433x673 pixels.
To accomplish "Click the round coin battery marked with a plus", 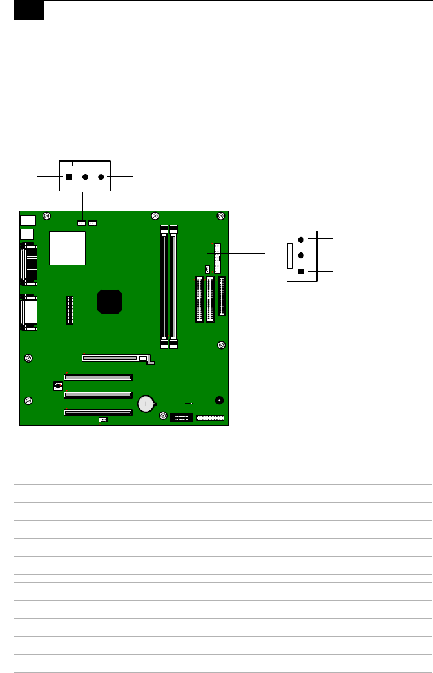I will [x=147, y=404].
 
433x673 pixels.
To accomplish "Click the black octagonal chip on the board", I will [x=110, y=301].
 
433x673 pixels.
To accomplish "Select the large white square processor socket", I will [x=68, y=248].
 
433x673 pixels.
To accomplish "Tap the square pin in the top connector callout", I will [x=69, y=176].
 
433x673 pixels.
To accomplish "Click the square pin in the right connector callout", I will [x=301, y=272].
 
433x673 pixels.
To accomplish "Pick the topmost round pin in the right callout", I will [x=301, y=239].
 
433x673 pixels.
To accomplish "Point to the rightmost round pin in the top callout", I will [x=101, y=176].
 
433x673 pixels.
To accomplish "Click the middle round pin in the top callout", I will [x=85, y=176].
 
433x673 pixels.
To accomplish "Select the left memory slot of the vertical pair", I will [x=164, y=287].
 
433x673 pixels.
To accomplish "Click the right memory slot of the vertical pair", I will [x=173, y=287].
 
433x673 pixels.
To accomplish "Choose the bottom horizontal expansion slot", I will [x=97, y=413].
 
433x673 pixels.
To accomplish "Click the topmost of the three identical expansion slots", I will [x=97, y=377].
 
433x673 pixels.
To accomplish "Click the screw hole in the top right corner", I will [x=220, y=216].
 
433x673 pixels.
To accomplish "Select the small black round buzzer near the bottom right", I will [x=219, y=400].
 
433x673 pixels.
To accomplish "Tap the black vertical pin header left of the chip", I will [x=70, y=310].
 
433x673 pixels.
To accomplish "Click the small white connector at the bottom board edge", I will [x=102, y=420].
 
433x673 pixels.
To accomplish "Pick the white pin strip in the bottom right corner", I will [x=209, y=418].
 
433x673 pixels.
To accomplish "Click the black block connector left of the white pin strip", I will [x=182, y=417].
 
